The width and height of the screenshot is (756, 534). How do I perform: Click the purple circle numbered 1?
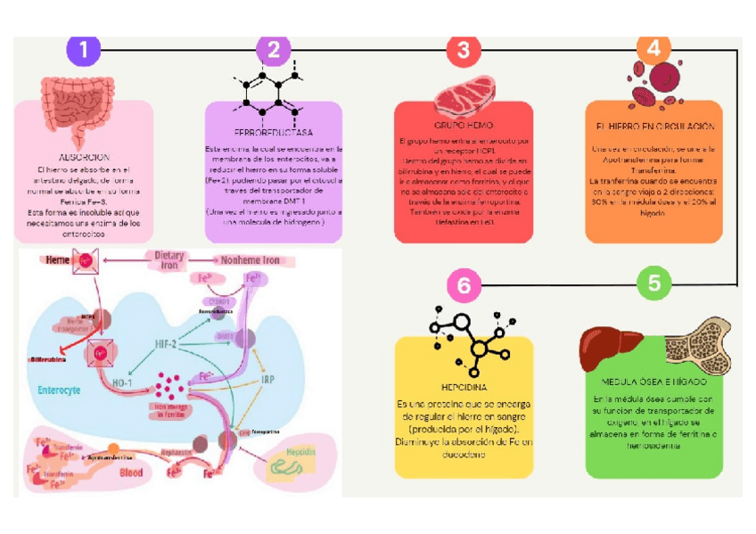(x=84, y=50)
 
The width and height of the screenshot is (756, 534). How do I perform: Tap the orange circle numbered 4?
(x=654, y=49)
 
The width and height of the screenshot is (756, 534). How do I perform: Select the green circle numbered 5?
(x=654, y=283)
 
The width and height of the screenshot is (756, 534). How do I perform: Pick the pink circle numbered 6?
(x=463, y=285)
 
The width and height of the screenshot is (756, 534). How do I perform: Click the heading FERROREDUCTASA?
(x=274, y=132)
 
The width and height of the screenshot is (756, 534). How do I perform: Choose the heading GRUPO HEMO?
(x=463, y=125)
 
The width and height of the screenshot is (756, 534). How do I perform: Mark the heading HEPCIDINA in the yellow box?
(x=464, y=389)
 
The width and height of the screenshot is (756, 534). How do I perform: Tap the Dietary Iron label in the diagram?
(x=169, y=260)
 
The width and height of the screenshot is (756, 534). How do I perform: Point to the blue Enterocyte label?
(x=60, y=390)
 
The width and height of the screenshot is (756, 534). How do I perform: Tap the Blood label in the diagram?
(x=131, y=472)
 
